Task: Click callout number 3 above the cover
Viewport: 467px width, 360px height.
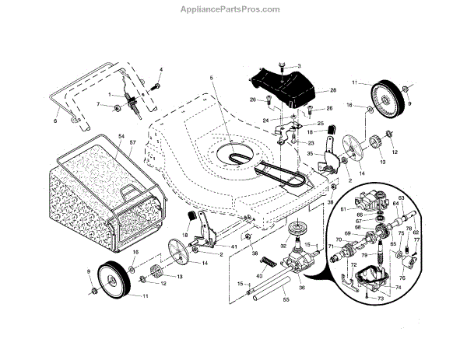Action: [x=298, y=65]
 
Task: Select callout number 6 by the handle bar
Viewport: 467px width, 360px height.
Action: [x=55, y=121]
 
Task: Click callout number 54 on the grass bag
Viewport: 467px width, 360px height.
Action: [x=121, y=136]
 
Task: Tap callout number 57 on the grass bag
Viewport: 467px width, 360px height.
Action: [x=133, y=144]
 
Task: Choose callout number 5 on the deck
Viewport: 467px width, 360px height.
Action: [x=210, y=77]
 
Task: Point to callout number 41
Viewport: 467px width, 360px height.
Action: [x=233, y=246]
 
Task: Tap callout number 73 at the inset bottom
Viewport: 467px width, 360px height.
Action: [x=381, y=299]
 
